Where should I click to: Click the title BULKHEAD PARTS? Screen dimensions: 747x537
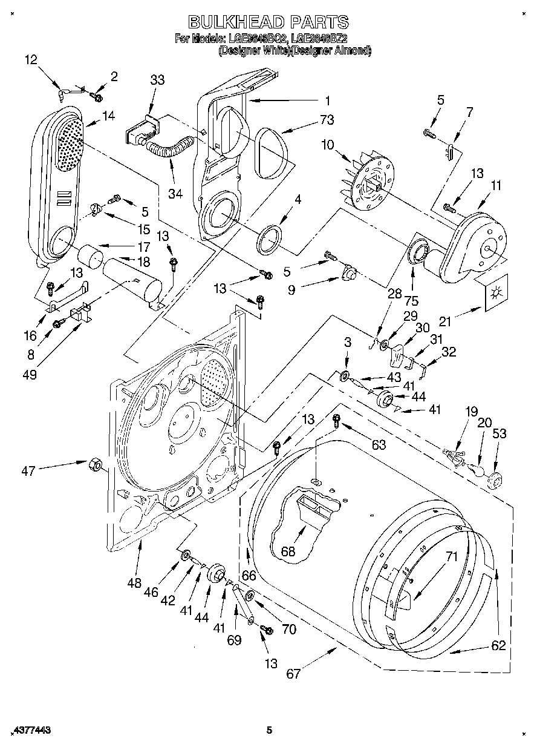coord(268,22)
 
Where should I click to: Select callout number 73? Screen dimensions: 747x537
coord(327,120)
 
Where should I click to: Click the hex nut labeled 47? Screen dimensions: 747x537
coord(94,464)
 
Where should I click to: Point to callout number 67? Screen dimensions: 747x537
coord(293,674)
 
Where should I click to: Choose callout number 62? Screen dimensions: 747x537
coord(498,645)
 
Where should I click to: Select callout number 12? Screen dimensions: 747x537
coord(31,59)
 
